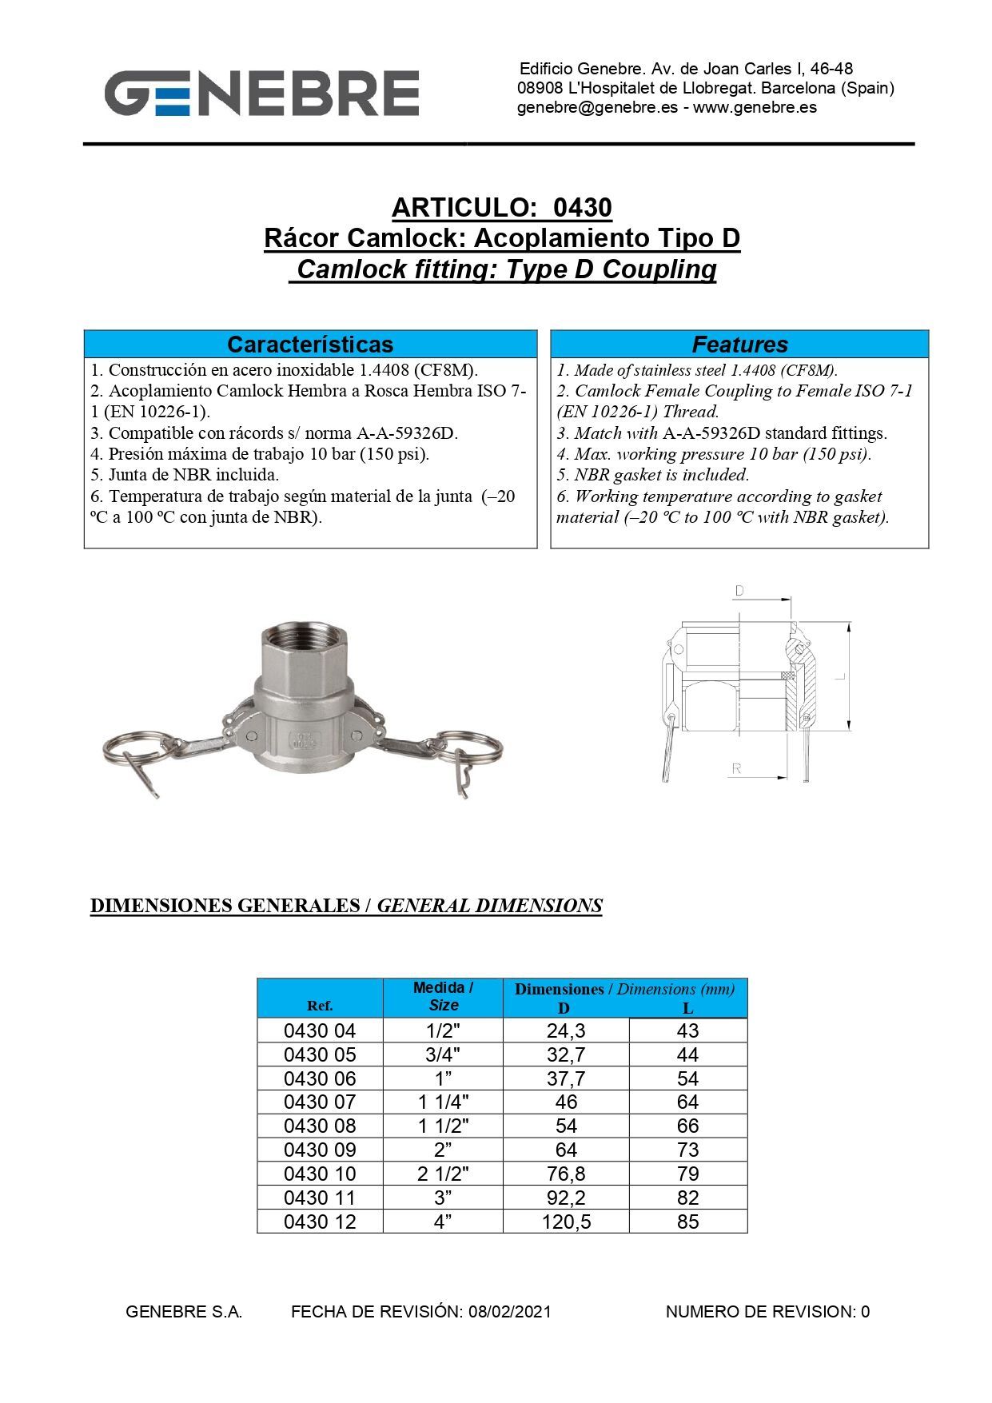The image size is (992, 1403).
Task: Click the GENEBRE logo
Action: click(261, 93)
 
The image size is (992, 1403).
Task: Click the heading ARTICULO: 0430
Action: click(501, 208)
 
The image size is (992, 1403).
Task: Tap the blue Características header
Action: click(310, 345)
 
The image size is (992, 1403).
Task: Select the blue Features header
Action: click(739, 345)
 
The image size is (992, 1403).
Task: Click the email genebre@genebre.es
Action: click(597, 107)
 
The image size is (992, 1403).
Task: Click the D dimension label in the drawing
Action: click(739, 592)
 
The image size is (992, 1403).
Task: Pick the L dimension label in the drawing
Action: click(839, 676)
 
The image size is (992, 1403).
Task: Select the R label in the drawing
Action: click(736, 768)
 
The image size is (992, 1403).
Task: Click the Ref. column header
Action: click(320, 1006)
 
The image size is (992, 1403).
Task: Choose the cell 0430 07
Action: click(320, 1102)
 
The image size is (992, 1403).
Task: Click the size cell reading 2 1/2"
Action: click(443, 1174)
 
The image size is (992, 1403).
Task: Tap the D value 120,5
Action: click(566, 1222)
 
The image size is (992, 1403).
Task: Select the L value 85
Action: click(687, 1222)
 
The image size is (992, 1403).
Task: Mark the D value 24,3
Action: click(566, 1031)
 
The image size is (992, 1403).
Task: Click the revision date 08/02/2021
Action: click(510, 1312)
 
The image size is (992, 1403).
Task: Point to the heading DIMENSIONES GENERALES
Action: click(225, 906)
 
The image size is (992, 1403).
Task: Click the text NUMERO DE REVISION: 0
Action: click(767, 1312)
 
